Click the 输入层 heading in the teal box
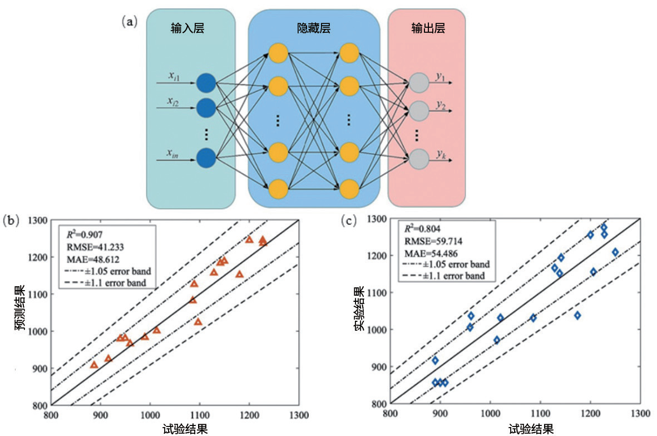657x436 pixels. click(187, 28)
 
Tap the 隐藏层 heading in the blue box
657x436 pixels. click(314, 28)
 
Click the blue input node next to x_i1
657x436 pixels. click(205, 84)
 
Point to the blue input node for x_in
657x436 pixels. click(205, 158)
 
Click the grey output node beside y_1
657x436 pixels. click(418, 84)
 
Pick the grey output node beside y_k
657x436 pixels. click(418, 158)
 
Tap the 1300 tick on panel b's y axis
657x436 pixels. click(37, 221)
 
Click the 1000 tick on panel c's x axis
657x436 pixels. click(490, 414)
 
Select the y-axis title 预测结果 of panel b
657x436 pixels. click(21, 313)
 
